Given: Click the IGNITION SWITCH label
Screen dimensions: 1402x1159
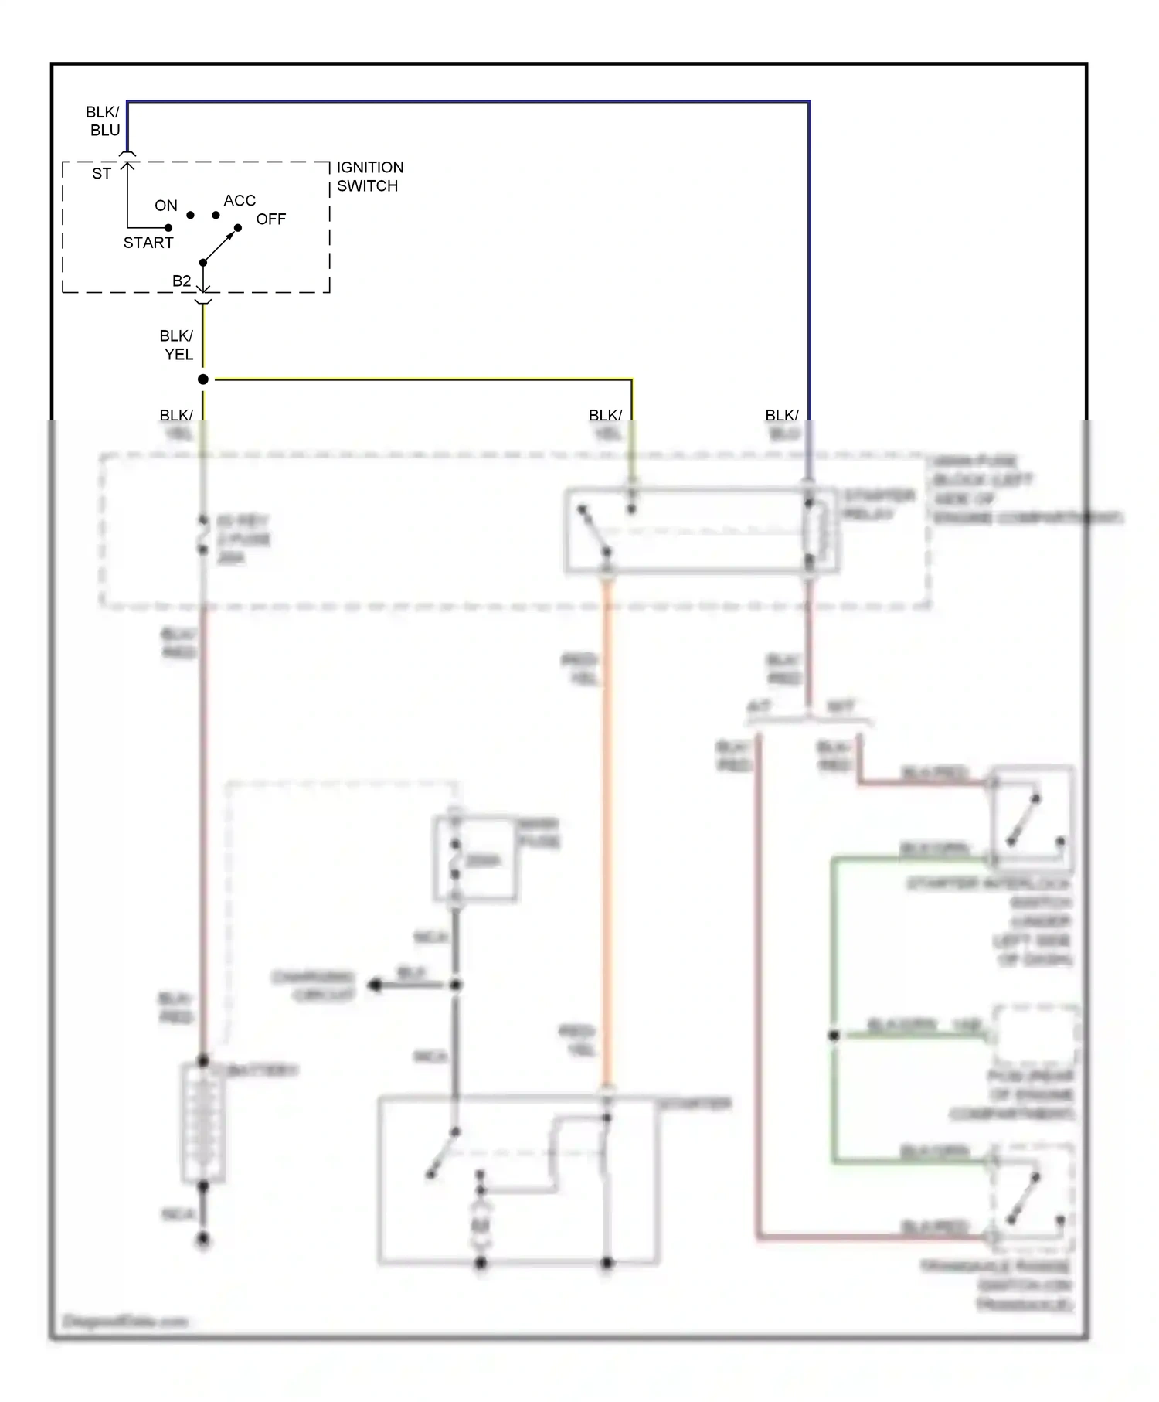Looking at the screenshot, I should pos(369,177).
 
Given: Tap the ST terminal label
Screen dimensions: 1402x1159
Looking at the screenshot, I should pos(101,174).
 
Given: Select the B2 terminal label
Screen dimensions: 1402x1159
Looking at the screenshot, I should pos(182,281).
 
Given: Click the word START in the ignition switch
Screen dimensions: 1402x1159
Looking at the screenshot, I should pos(148,243).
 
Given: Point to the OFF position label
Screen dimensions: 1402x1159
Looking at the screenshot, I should pos(271,219).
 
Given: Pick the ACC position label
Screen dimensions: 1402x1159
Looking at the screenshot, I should pos(240,201).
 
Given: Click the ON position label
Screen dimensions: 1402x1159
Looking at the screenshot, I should pos(166,206).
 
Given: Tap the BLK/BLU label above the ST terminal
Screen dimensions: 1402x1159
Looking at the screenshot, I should pos(103,121).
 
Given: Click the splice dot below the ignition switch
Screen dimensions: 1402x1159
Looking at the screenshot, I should pos(203,379).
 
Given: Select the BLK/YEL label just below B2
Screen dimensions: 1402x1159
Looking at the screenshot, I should pos(177,345).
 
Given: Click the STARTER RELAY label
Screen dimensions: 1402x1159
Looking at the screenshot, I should pos(878,505).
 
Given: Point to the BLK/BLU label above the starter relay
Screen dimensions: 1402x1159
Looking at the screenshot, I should pos(782,424).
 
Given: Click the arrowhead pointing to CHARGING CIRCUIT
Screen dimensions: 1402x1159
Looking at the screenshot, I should pos(376,985).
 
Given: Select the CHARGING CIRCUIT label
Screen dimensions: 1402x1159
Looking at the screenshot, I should pos(314,986).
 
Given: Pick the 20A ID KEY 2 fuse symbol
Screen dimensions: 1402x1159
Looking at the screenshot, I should pos(203,535).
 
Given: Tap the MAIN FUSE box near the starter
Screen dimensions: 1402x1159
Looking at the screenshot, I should pos(475,859).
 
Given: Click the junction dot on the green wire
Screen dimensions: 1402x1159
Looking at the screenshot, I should pos(834,1036).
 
